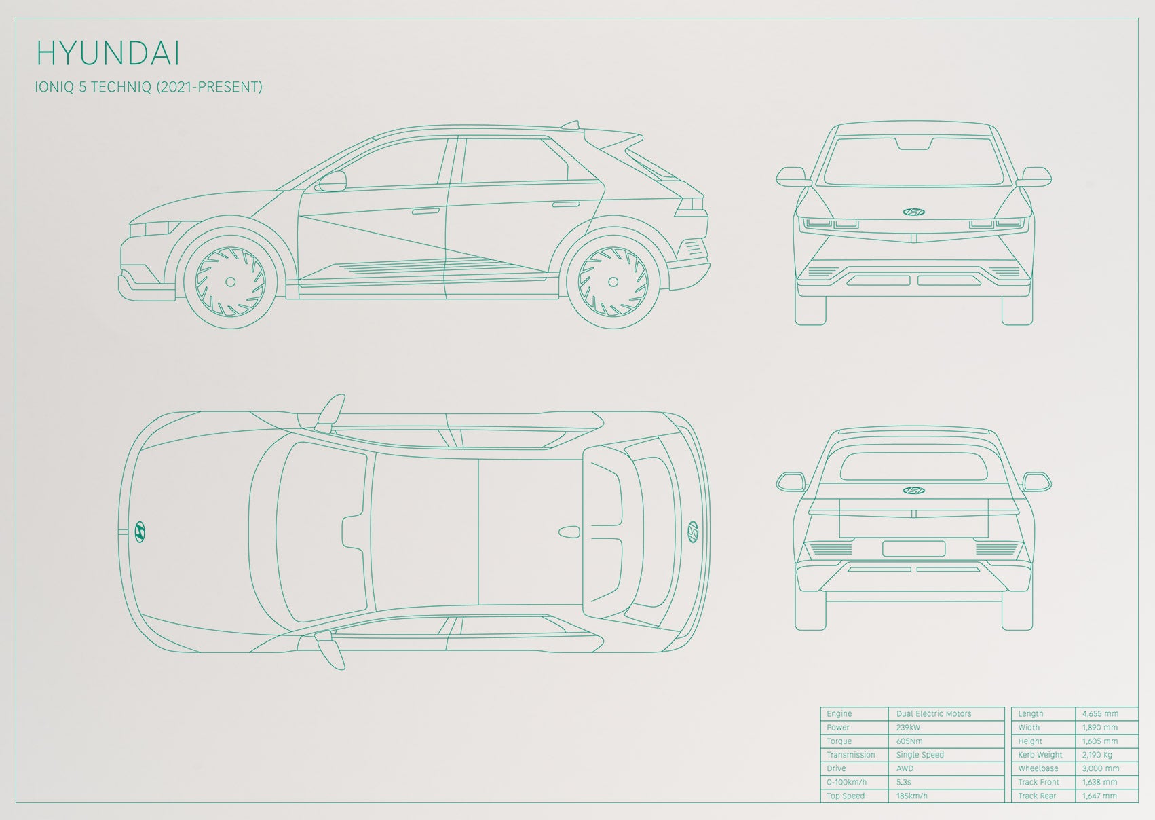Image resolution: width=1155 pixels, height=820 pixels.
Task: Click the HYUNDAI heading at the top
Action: pos(109,54)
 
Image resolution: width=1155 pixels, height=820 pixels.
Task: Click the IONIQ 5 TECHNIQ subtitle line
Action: pos(149,87)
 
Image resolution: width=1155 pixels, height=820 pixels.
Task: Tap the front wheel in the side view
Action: pos(231,282)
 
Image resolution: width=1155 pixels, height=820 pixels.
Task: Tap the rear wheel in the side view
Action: pos(613,282)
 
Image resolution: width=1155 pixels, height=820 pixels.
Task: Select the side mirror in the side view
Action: pos(332,181)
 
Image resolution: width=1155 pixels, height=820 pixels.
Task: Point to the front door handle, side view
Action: pos(425,211)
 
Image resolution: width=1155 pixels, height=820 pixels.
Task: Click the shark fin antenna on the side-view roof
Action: pos(571,125)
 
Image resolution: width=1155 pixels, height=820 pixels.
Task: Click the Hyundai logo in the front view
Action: pos(913,212)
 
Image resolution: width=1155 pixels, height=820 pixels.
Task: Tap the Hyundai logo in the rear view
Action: pos(913,491)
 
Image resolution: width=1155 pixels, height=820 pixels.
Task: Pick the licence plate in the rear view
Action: pos(913,548)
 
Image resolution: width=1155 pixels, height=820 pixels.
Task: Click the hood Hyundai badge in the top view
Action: pos(139,532)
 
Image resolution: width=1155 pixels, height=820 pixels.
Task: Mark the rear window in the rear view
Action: pos(913,467)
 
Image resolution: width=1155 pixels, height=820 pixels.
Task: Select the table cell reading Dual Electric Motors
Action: pos(934,713)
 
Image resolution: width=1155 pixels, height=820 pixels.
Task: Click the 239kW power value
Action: pos(908,728)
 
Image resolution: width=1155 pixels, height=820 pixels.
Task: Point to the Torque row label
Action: pos(839,741)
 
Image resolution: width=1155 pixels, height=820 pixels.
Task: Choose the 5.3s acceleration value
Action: pos(904,783)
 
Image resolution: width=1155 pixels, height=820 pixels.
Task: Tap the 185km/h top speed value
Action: pos(911,796)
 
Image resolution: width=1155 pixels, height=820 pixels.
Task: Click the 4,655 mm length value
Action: pos(1100,713)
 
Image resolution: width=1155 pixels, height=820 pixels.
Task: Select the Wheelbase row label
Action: pos(1038,768)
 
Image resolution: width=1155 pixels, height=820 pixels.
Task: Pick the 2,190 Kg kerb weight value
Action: pos(1097,755)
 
